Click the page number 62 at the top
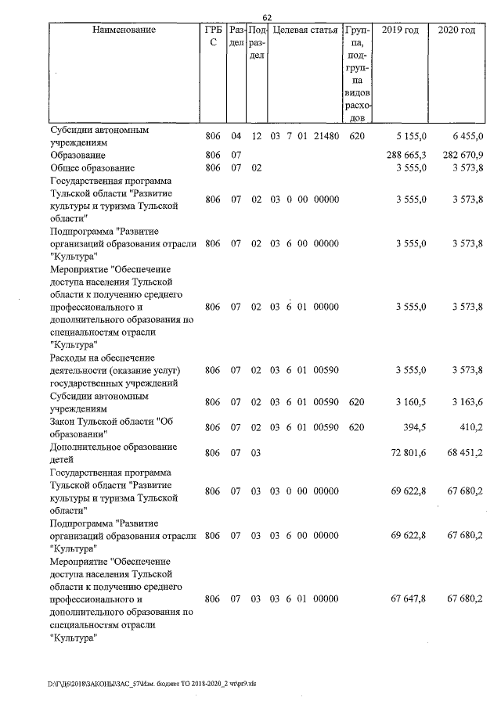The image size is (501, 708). click(267, 17)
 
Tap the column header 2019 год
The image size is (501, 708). click(399, 30)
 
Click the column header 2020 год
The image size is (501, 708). click(456, 30)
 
